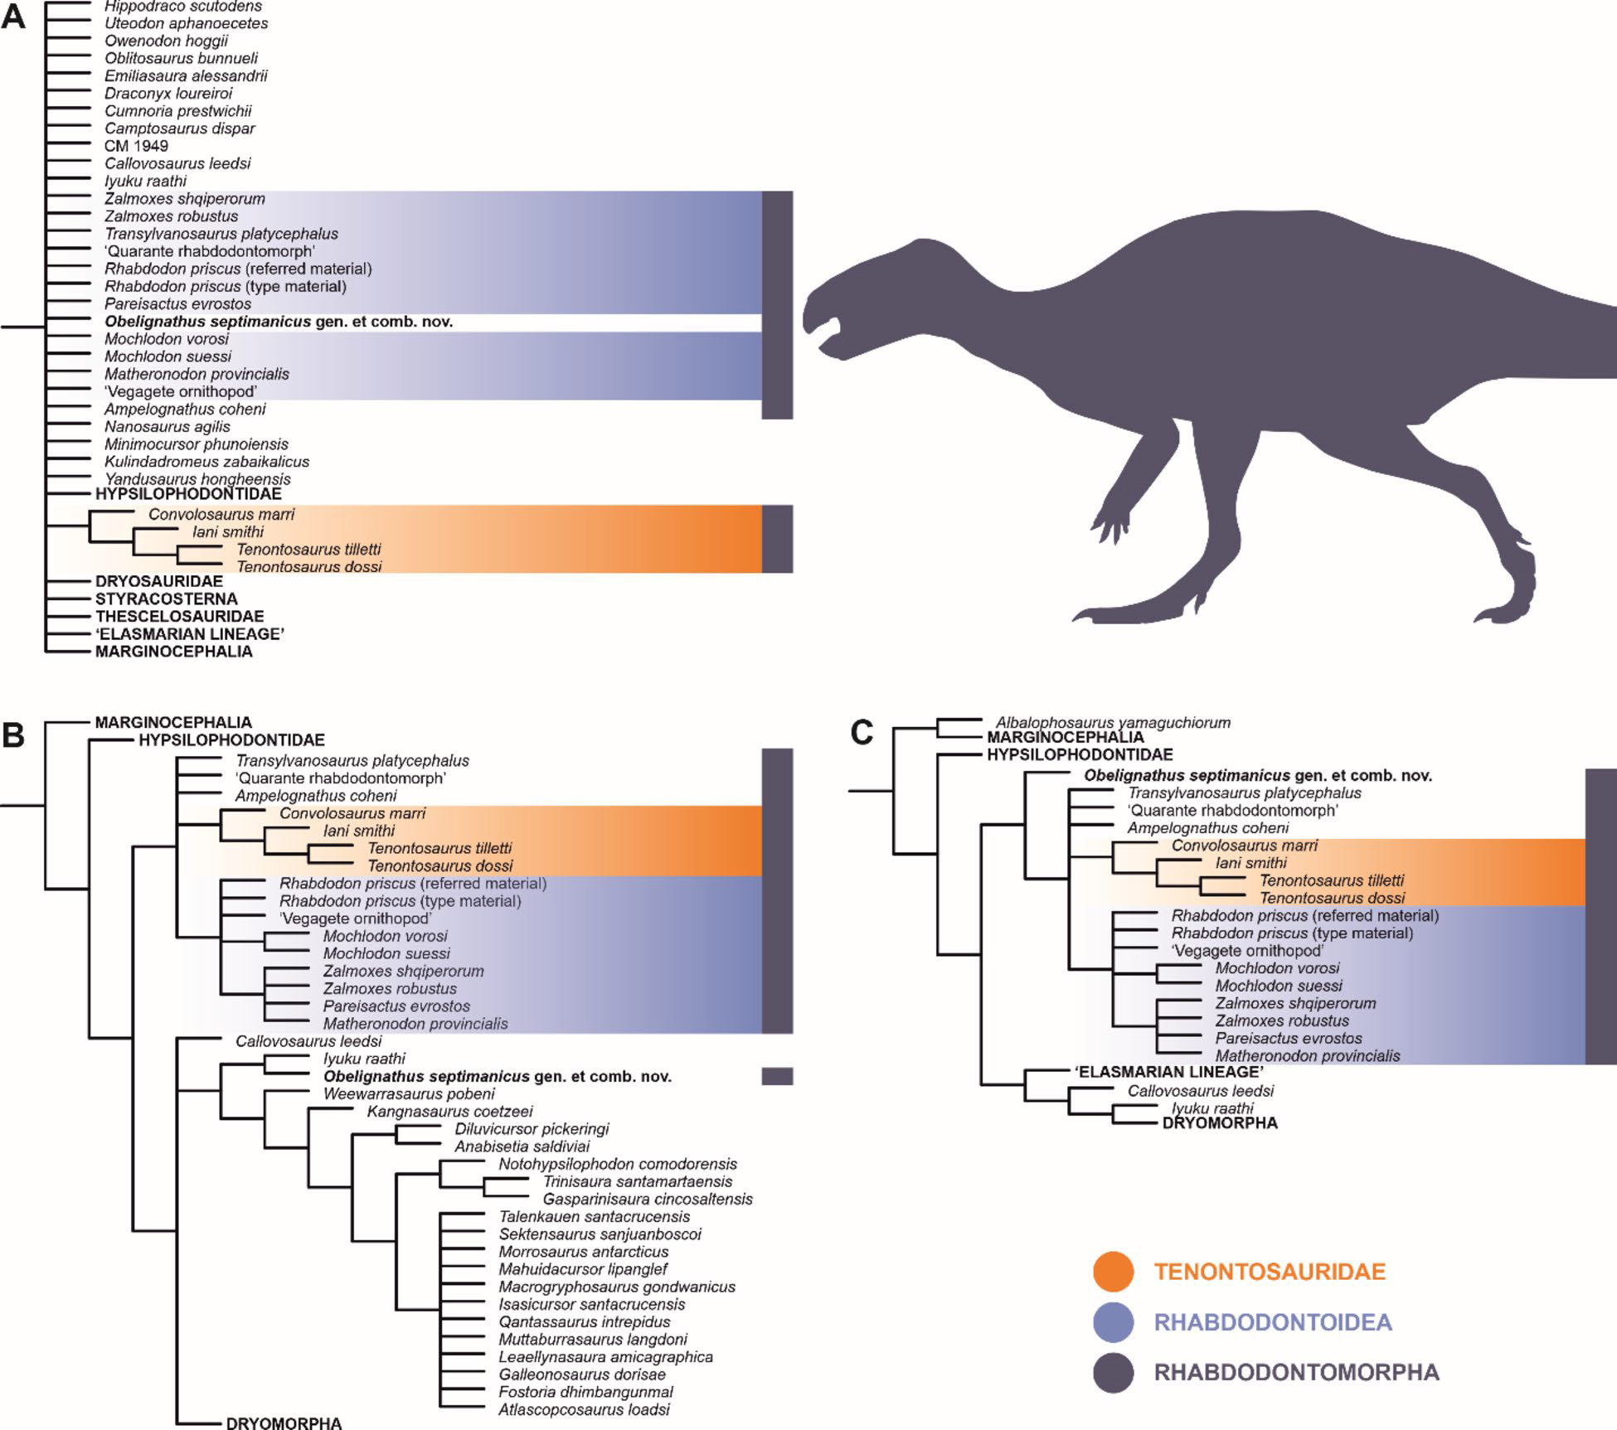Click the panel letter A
[x=13, y=17]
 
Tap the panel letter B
[x=13, y=734]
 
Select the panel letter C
[x=862, y=733]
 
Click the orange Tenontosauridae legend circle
[x=1113, y=1271]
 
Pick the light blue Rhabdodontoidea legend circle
[x=1113, y=1321]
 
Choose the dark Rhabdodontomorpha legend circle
[x=1113, y=1372]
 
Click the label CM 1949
[x=136, y=146]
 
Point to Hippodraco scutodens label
[x=184, y=7]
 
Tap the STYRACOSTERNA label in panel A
[x=166, y=599]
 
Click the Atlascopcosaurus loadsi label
[x=584, y=1409]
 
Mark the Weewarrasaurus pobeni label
[x=409, y=1093]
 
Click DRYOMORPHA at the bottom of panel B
[x=284, y=1423]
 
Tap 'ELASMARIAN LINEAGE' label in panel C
[x=1169, y=1072]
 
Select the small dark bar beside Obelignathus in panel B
[x=777, y=1076]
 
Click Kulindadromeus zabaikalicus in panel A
[x=206, y=462]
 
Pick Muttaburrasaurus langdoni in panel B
[x=592, y=1339]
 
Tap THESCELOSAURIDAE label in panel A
[x=179, y=616]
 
